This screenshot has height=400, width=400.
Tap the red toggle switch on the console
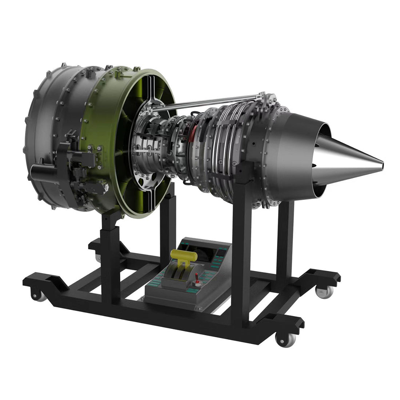(x=197, y=278)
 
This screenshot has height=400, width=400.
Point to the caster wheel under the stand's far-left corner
(x=40, y=295)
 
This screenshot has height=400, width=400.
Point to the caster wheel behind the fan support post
(x=98, y=257)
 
